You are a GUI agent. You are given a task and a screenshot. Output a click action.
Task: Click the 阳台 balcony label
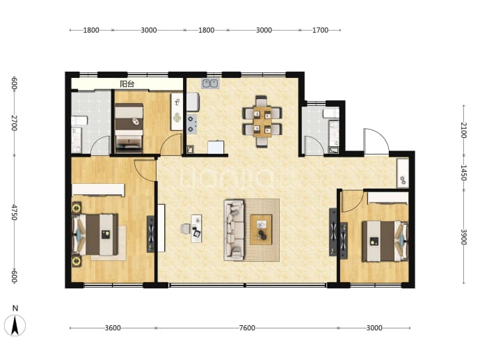pos(127,84)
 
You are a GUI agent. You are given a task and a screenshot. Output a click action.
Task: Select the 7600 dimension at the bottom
pos(247,328)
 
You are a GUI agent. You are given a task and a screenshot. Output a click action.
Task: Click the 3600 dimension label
pos(113,328)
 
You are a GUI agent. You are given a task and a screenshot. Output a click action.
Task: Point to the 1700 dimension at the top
pos(320,30)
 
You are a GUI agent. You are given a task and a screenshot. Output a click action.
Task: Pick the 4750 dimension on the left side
pos(15,212)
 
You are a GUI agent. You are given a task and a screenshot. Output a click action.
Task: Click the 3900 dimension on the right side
pos(464,237)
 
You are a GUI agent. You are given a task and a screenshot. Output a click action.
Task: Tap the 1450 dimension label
pos(464,173)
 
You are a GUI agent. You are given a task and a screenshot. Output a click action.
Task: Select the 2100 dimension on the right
pos(464,130)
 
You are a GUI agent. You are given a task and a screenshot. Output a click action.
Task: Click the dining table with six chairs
pos(262,122)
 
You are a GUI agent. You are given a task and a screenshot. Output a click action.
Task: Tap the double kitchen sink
pos(209,84)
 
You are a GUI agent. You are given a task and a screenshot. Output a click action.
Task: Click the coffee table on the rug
pos(261,230)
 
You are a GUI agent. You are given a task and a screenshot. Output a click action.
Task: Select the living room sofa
pos(234,230)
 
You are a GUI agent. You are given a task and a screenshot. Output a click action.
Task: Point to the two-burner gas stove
pos(191,124)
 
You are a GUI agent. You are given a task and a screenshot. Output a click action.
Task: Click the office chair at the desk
pos(185,228)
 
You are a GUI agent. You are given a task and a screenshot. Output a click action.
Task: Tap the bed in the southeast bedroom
pos(385,241)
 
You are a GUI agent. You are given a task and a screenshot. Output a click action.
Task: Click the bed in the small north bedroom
pos(129,128)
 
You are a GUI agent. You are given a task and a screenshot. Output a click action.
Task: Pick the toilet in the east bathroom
pos(330,114)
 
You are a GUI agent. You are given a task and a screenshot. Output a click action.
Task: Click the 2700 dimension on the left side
pos(15,123)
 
